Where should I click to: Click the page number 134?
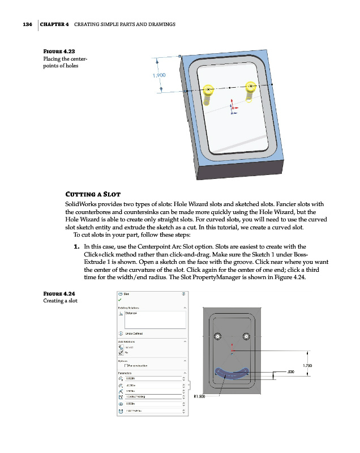23,25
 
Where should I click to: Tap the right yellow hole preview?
251,88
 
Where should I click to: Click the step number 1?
76,247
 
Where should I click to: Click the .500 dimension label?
291,372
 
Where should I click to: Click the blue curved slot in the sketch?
232,375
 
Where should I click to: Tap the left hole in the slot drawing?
217,337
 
